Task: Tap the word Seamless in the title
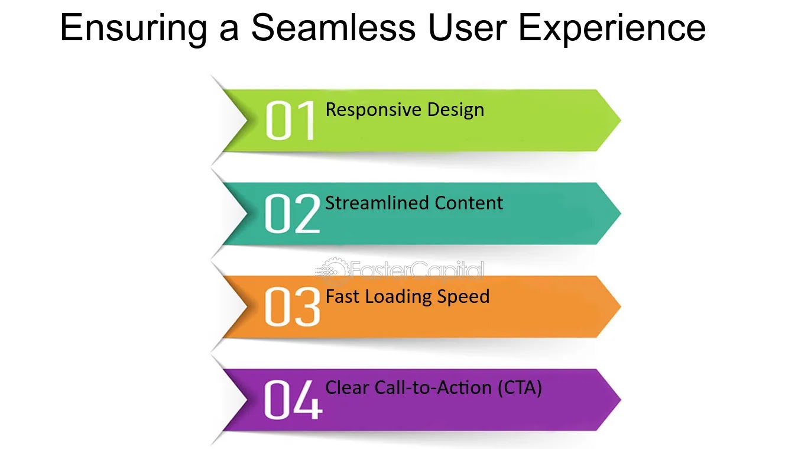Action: (333, 27)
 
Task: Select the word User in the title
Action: (468, 27)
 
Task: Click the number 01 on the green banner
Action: (290, 120)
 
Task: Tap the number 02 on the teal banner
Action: (292, 214)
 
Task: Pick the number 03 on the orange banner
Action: (292, 306)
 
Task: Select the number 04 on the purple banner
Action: (293, 399)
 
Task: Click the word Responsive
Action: (374, 110)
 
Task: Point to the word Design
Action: (456, 110)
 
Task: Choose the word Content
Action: (469, 203)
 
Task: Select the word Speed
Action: (463, 297)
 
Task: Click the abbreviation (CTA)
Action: (520, 388)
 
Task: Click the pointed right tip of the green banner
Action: (621, 120)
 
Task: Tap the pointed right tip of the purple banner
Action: (621, 400)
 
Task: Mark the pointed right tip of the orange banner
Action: (621, 306)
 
